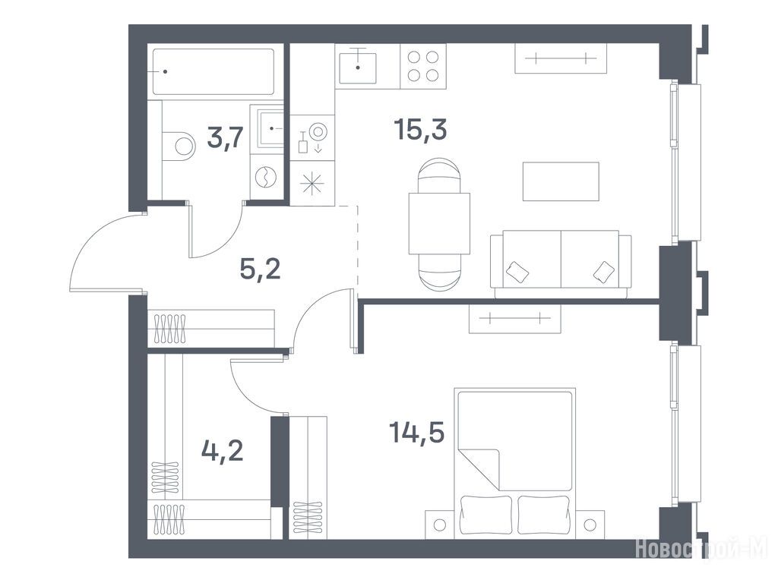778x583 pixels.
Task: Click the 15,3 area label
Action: tap(420, 130)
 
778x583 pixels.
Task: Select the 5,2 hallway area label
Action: tap(260, 269)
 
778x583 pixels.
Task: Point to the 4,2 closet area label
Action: tap(223, 451)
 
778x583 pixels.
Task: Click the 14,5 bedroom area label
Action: tap(417, 432)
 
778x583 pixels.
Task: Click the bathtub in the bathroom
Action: tap(213, 71)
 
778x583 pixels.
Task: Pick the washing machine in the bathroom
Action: tap(267, 177)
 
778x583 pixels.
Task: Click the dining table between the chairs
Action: tap(439, 224)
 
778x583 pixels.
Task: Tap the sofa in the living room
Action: tap(561, 263)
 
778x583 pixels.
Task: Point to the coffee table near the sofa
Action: tap(561, 181)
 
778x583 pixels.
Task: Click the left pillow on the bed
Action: tap(485, 515)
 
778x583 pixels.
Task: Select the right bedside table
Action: tap(589, 525)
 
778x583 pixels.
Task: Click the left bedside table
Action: tap(440, 525)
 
